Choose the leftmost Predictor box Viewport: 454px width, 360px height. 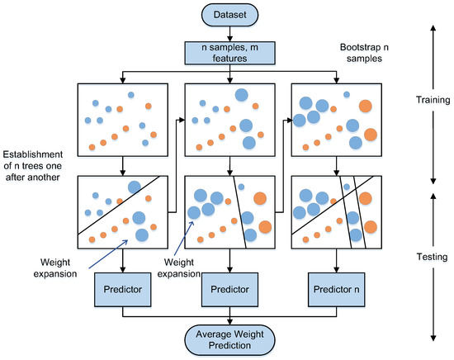122,291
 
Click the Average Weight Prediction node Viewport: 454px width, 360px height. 227,339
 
